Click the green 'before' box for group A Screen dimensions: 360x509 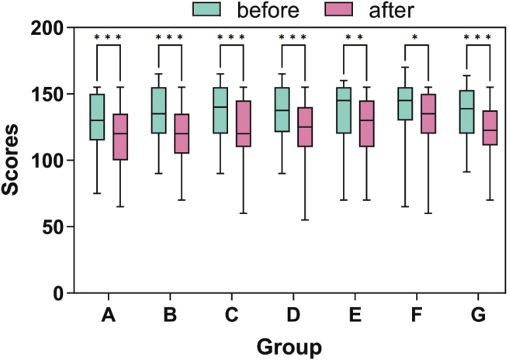pos(97,117)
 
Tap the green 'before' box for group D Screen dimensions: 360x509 pos(282,109)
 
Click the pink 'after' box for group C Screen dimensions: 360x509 pos(243,123)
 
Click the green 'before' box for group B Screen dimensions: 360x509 pos(158,110)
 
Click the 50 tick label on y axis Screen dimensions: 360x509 pos(52,227)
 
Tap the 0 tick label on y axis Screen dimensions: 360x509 pos(57,294)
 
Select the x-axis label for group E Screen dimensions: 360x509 pos(355,317)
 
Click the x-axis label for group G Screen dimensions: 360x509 pos(478,317)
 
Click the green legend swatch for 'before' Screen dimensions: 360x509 pos(207,10)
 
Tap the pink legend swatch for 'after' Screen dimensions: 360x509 pos(338,10)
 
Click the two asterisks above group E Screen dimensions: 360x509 pos(355,37)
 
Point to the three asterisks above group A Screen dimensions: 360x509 pos(108,37)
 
